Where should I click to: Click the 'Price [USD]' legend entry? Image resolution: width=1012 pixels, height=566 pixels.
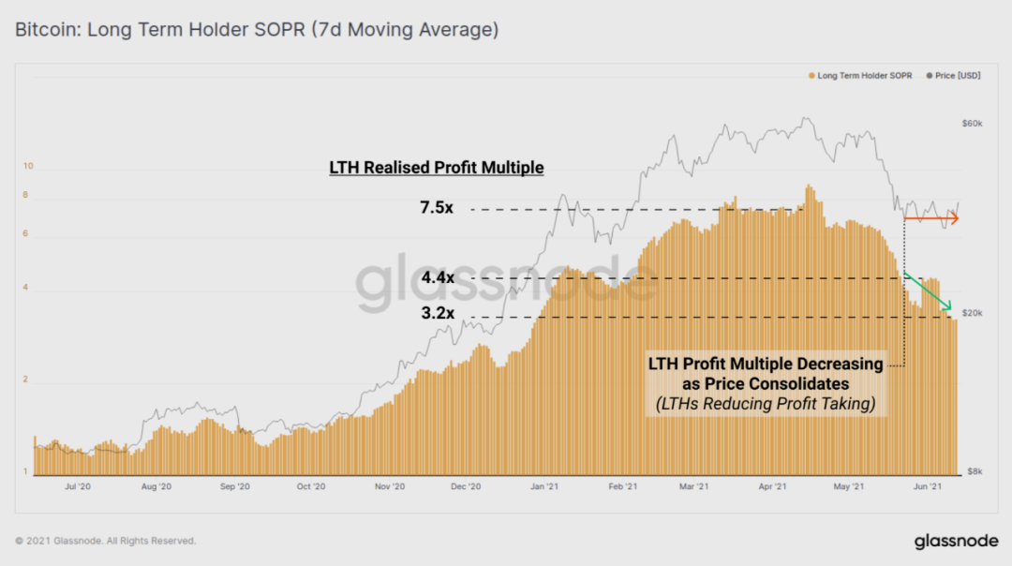956,75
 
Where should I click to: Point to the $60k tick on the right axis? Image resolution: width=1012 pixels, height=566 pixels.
973,123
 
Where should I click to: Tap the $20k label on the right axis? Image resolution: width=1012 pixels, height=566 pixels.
973,313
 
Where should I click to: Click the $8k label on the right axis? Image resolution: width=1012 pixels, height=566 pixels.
975,471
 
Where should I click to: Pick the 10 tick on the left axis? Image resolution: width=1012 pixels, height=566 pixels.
28,166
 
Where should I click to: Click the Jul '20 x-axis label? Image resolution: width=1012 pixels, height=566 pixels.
78,486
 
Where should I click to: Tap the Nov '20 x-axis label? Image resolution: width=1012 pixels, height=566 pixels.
389,486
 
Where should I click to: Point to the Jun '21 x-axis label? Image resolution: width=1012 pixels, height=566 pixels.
927,486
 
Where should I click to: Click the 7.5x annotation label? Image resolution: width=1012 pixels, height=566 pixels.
437,208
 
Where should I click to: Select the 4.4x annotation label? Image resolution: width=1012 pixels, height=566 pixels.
438,278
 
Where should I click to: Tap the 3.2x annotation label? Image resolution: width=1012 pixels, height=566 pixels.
438,314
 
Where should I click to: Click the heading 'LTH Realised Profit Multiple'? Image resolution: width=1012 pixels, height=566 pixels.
437,168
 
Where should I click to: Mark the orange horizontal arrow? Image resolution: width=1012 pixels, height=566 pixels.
931,218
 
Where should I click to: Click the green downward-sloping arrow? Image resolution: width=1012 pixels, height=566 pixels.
929,291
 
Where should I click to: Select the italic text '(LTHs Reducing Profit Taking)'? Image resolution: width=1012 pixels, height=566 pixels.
766,405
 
